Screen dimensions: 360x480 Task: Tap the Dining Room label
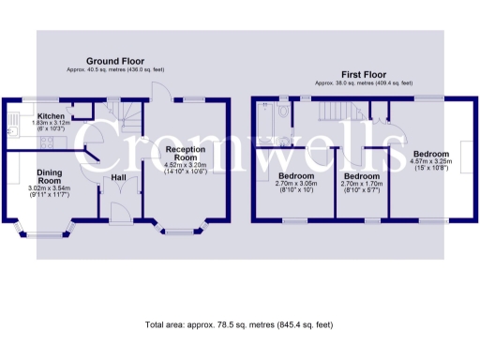point(50,176)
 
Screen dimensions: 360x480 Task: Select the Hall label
point(119,177)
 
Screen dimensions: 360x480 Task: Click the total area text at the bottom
point(239,324)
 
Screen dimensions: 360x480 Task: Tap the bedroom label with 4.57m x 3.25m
point(432,154)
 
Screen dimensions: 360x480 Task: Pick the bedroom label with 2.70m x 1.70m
point(361,176)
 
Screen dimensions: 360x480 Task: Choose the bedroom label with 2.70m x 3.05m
point(297,176)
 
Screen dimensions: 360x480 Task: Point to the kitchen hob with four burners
point(45,144)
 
